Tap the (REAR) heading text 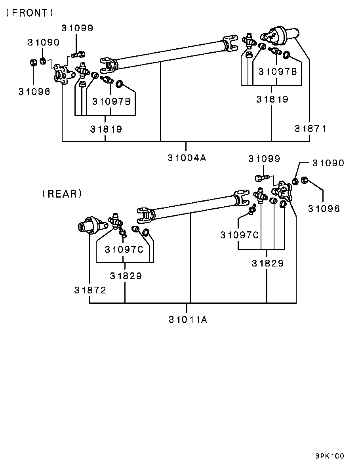point(62,194)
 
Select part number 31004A point(187,158)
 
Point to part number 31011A point(188,320)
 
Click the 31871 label point(310,129)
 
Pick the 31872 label point(90,290)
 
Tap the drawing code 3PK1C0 point(330,456)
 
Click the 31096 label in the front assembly point(34,91)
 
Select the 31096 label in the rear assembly point(324,208)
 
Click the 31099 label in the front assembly point(77,28)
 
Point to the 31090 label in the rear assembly point(328,163)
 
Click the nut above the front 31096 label point(34,63)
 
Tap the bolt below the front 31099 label point(78,55)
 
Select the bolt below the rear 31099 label point(262,178)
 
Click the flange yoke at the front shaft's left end point(64,74)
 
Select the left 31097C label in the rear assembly point(124,249)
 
